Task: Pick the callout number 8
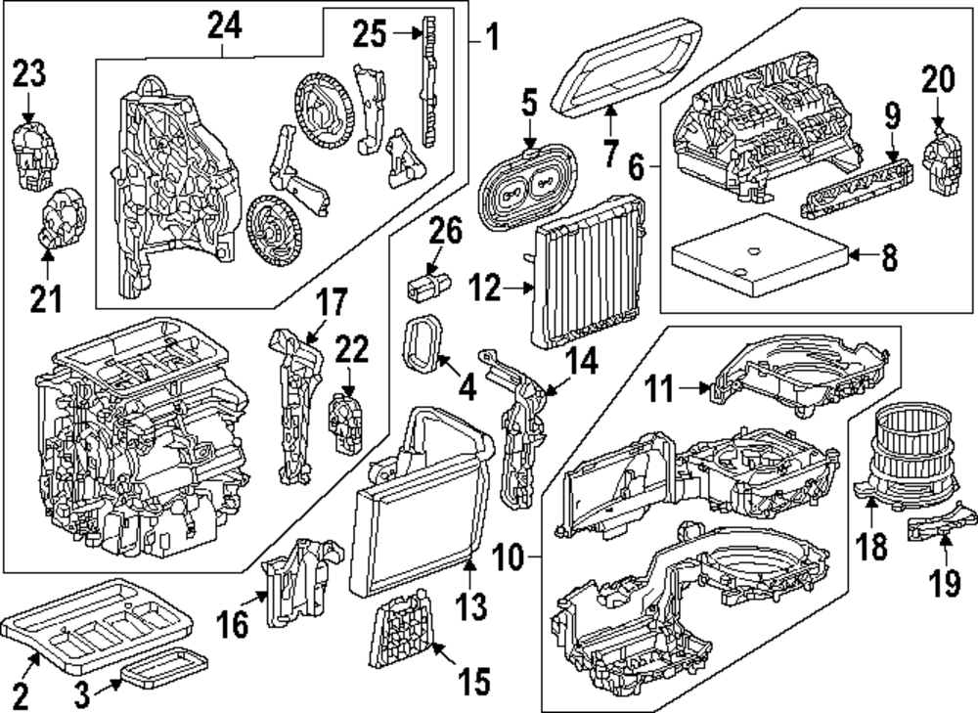click(x=888, y=258)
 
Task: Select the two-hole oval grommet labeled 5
click(x=524, y=186)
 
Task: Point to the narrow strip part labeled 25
click(x=427, y=79)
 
